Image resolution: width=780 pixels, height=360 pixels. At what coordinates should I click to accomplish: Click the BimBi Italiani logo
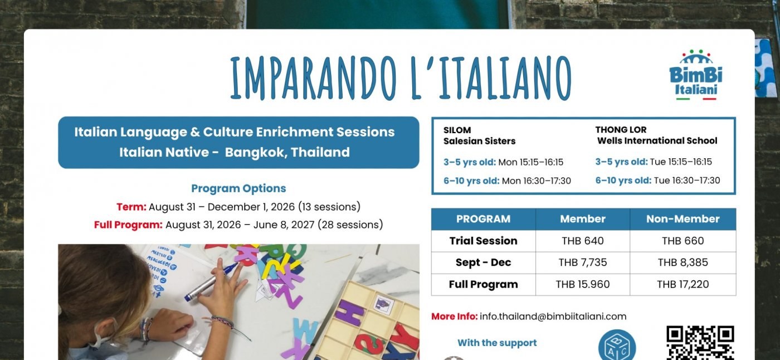point(696,75)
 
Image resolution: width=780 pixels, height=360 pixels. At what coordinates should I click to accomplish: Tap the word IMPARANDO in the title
point(313,78)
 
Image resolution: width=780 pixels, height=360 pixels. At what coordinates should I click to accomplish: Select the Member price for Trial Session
point(583,241)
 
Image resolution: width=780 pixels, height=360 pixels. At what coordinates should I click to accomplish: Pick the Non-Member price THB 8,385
point(682,262)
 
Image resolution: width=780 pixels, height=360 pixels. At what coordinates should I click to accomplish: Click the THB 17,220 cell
point(682,284)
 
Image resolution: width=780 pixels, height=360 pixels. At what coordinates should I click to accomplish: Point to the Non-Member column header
point(682,219)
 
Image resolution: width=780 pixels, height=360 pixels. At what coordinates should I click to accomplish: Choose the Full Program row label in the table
point(483,284)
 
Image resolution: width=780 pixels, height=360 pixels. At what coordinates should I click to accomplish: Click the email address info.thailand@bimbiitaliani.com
point(553,317)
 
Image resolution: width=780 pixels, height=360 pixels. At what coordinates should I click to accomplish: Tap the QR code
point(700,343)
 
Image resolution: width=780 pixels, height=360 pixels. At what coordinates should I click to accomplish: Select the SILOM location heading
point(457,130)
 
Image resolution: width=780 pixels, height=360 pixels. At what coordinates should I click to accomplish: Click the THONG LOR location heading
point(621,130)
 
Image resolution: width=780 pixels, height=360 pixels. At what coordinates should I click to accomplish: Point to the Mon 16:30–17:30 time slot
point(536,181)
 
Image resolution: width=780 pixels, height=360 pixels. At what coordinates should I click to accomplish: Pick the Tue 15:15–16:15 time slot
point(681,162)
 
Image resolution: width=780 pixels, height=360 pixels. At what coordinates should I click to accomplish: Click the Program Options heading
point(238,188)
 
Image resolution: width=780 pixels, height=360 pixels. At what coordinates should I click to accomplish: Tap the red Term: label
point(131,207)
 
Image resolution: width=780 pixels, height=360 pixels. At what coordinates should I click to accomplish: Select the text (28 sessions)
point(350,225)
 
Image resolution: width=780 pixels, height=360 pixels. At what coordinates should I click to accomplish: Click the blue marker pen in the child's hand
point(211,282)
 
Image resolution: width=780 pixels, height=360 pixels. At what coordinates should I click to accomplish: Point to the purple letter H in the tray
point(350,312)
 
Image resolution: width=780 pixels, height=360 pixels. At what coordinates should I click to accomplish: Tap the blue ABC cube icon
point(617,346)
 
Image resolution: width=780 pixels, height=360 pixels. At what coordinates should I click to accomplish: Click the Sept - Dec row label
point(483,262)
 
